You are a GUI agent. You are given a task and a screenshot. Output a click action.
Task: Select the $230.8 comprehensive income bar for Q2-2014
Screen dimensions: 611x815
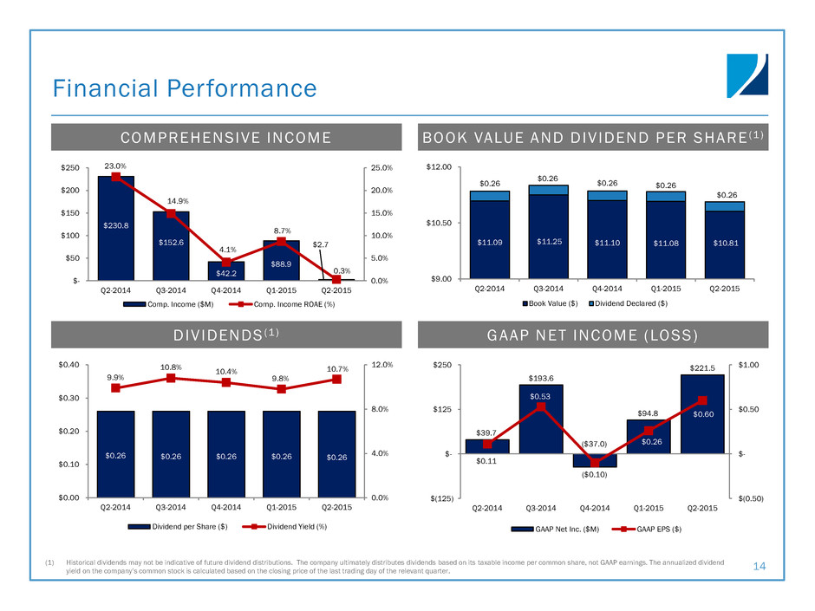[115, 228]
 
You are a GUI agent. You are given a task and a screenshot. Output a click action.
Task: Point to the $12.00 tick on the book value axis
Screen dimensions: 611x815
[441, 167]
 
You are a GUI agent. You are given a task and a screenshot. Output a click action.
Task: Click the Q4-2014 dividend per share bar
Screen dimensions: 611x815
[225, 453]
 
